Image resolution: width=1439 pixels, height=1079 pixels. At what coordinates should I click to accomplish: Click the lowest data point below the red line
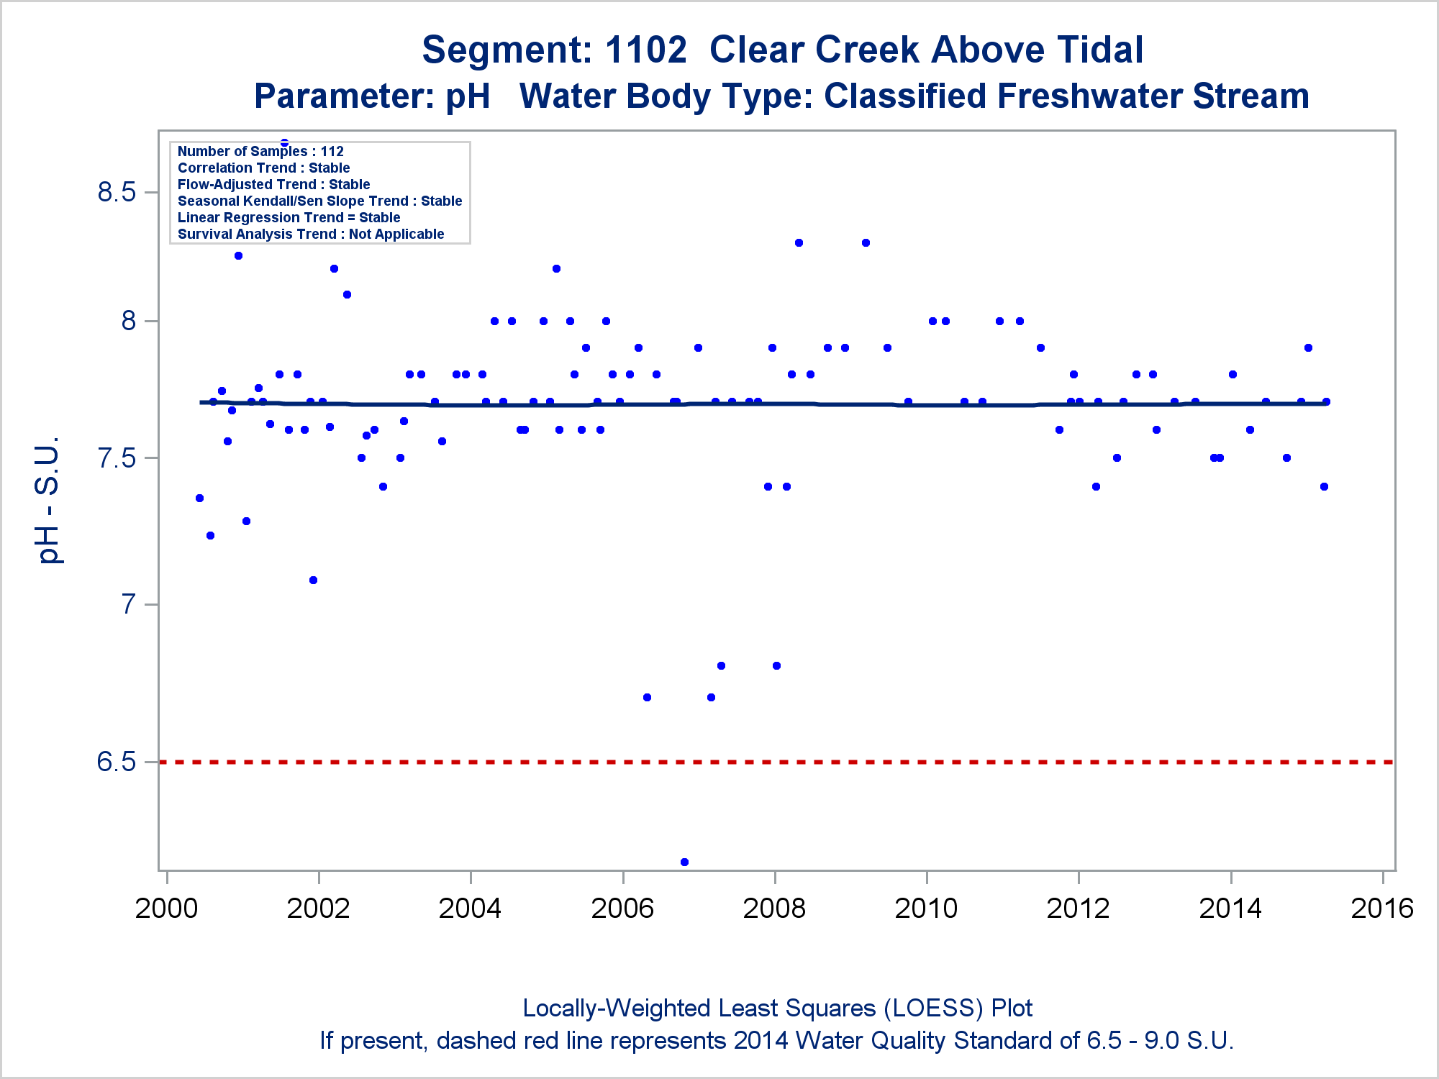click(684, 862)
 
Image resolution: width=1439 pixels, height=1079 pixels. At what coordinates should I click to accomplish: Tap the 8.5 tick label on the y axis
click(117, 192)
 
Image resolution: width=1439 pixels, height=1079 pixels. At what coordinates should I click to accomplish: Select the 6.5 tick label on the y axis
click(117, 762)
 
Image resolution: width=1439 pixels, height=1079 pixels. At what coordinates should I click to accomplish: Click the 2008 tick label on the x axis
click(774, 909)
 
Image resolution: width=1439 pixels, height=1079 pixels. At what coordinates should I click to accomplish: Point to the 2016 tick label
click(1382, 909)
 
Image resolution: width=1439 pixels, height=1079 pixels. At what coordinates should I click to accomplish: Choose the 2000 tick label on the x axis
click(166, 909)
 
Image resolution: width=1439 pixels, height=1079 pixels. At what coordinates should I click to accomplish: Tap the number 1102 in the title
click(645, 50)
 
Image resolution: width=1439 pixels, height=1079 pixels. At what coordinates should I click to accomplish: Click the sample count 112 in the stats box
click(332, 152)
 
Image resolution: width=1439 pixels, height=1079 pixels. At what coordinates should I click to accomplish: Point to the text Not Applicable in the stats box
click(396, 235)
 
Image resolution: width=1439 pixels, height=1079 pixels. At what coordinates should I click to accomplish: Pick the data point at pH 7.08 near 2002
click(313, 581)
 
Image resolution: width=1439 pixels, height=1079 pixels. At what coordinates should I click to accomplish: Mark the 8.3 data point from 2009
click(866, 243)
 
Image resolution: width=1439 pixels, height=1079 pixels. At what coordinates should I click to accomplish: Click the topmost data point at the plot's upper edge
click(284, 142)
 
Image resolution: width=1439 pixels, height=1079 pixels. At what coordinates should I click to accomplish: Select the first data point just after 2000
click(199, 498)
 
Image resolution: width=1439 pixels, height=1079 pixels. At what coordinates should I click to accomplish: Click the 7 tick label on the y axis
click(129, 604)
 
